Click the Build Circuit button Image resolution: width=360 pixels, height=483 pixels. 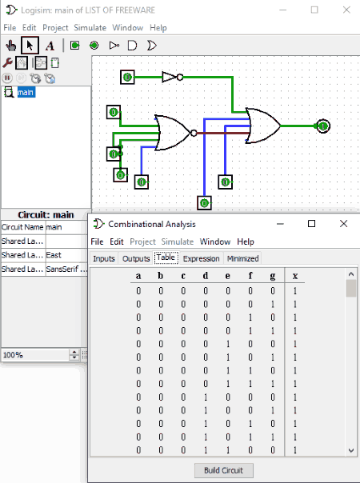click(x=224, y=470)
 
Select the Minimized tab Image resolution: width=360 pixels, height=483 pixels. click(x=242, y=258)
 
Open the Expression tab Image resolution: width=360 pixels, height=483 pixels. click(x=201, y=258)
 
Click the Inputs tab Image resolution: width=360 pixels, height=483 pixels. click(x=104, y=258)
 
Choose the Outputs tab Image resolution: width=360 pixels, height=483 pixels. click(x=136, y=258)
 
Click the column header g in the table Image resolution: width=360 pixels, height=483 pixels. click(x=273, y=276)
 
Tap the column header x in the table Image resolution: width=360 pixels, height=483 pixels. click(x=295, y=276)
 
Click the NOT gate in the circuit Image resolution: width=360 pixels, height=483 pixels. click(x=172, y=77)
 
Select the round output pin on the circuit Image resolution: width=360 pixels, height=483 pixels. click(x=323, y=126)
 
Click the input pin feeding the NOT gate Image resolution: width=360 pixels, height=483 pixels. click(x=127, y=77)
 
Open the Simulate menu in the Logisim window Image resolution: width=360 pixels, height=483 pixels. click(x=90, y=28)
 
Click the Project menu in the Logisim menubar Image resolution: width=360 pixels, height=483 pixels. click(x=55, y=28)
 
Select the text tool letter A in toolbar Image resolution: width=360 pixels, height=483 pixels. click(x=50, y=46)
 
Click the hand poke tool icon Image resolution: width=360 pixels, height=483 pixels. click(x=10, y=46)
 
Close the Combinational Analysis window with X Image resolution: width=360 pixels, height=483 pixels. click(x=343, y=224)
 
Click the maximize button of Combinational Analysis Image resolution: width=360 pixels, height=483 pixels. click(x=312, y=224)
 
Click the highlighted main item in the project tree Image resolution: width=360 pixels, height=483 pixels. click(x=26, y=92)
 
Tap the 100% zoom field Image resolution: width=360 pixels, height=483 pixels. click(x=35, y=355)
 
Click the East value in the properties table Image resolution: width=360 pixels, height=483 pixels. click(x=54, y=255)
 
